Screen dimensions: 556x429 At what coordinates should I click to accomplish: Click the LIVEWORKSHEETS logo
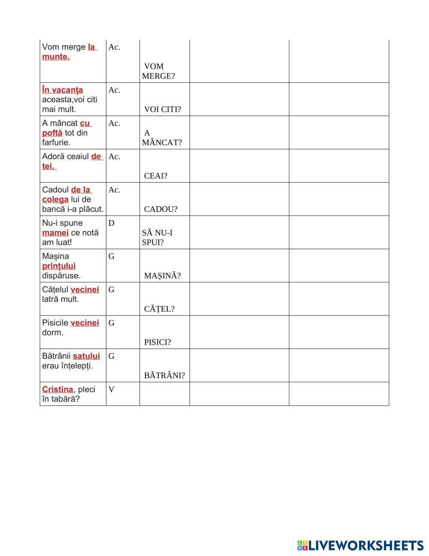(360, 545)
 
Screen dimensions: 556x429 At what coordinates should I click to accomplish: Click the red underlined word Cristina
(57, 389)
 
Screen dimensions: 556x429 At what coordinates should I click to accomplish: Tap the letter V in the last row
(112, 389)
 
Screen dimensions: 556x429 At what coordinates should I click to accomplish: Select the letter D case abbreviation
(112, 223)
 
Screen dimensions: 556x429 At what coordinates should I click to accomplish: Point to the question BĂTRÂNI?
(164, 375)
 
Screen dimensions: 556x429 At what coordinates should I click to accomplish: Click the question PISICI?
(157, 342)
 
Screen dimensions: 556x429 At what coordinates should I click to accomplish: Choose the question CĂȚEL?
(159, 309)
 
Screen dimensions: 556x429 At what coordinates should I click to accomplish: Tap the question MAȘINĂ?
(162, 276)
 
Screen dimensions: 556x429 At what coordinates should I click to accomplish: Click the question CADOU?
(160, 209)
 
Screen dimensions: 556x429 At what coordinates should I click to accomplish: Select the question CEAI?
(156, 176)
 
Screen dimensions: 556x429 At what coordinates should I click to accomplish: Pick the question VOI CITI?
(162, 109)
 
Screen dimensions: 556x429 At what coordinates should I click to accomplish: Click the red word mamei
(55, 232)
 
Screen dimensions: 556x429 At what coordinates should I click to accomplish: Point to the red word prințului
(59, 266)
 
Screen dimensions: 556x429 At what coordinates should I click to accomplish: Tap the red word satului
(86, 356)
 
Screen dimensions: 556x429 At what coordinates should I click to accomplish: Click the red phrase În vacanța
(63, 90)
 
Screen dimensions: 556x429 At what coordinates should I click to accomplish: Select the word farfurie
(56, 142)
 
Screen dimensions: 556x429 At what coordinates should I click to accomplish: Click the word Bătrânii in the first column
(56, 356)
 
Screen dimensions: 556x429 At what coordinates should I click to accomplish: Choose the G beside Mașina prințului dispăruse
(112, 257)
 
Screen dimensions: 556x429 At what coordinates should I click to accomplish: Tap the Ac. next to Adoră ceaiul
(114, 156)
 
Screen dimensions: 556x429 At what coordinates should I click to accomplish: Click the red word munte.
(56, 57)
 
